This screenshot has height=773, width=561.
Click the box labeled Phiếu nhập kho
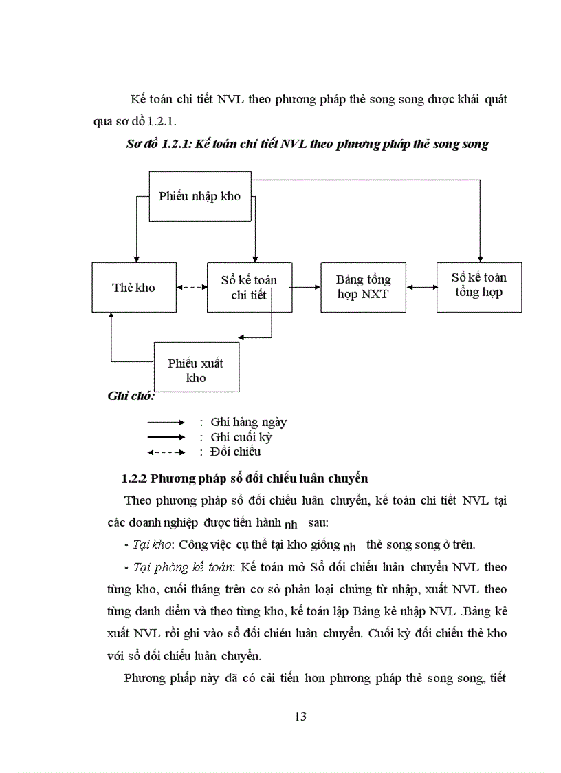[x=199, y=196]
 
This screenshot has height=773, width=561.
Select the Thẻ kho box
[x=134, y=288]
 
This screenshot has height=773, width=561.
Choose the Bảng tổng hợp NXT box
[x=363, y=287]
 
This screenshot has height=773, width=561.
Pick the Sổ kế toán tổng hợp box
[x=478, y=285]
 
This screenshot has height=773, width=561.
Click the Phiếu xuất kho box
[x=195, y=370]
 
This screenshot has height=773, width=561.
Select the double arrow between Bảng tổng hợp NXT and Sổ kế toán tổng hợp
[x=421, y=287]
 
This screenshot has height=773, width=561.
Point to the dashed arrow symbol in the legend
[x=166, y=452]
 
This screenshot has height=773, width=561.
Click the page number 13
[x=300, y=717]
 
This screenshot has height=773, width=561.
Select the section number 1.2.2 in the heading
[x=134, y=478]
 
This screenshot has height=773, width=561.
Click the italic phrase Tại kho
[x=151, y=544]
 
